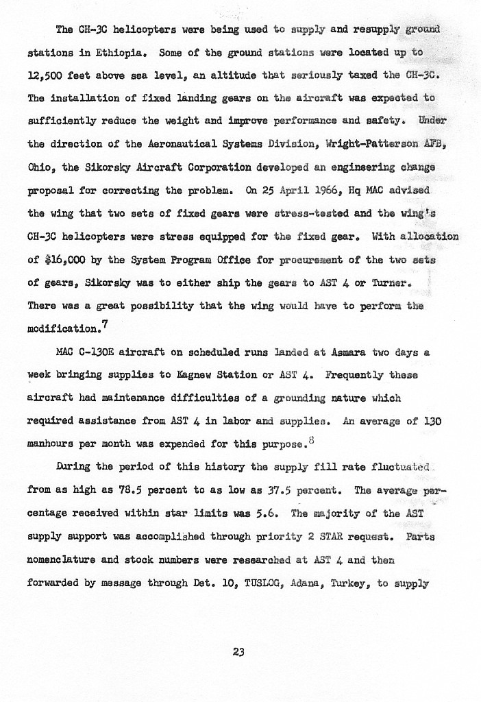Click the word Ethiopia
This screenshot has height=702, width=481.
click(x=122, y=51)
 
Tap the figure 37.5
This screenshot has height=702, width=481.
click(x=277, y=492)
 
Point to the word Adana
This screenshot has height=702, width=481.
click(x=302, y=584)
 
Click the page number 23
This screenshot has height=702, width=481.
click(x=238, y=652)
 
